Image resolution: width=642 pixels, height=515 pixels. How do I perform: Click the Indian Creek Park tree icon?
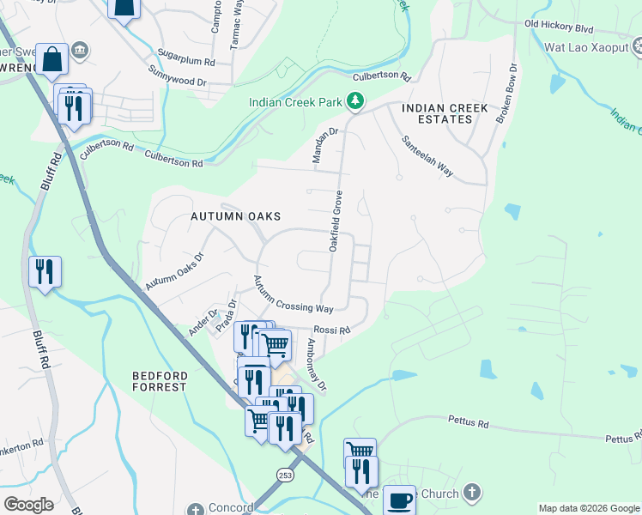pos(354,102)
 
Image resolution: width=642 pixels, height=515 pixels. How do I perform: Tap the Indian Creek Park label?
pos(296,102)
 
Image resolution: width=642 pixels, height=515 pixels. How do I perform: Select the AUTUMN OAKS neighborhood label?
pos(235,217)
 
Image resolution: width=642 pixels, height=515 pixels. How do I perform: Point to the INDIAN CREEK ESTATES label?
pos(445,113)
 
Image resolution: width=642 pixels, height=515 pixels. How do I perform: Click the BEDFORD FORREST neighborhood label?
pos(159,381)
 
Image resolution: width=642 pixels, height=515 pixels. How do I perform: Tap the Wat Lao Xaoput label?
pos(588,48)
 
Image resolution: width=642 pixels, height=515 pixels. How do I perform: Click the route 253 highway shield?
pos(285,475)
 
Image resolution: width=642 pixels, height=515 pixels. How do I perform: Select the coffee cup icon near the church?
pos(398,499)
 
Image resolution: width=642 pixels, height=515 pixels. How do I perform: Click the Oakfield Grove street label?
pos(336,221)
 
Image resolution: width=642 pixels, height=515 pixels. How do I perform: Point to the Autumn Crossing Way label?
pos(292,294)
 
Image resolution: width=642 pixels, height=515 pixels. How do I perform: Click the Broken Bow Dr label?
pos(506,92)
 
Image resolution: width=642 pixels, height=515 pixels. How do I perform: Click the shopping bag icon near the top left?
pos(52,59)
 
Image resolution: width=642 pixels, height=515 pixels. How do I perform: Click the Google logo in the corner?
pos(28,505)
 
